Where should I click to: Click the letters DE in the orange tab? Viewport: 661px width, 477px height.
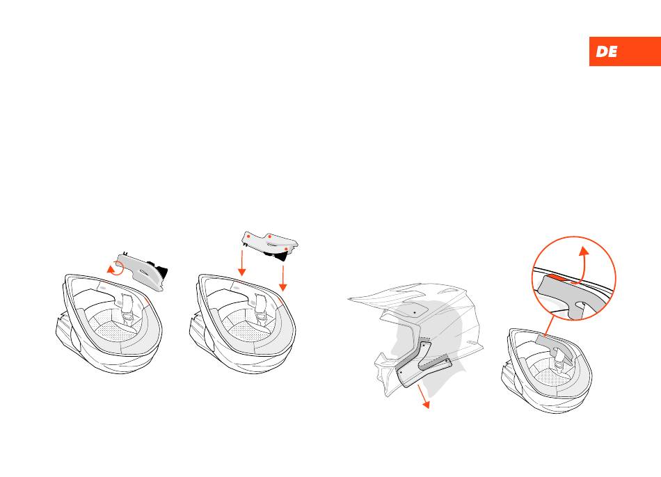(607, 51)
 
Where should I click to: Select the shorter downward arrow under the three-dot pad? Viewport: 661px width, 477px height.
(242, 263)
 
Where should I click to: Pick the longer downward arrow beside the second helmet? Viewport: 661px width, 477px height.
(283, 278)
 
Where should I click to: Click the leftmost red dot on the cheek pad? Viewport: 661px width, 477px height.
(248, 236)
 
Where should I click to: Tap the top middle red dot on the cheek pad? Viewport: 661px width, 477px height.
(270, 236)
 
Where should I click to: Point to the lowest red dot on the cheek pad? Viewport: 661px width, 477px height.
(287, 249)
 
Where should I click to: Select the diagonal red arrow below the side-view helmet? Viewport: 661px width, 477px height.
(422, 396)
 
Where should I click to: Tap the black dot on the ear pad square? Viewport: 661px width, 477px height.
(415, 312)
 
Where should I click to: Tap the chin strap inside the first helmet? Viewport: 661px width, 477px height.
(127, 309)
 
